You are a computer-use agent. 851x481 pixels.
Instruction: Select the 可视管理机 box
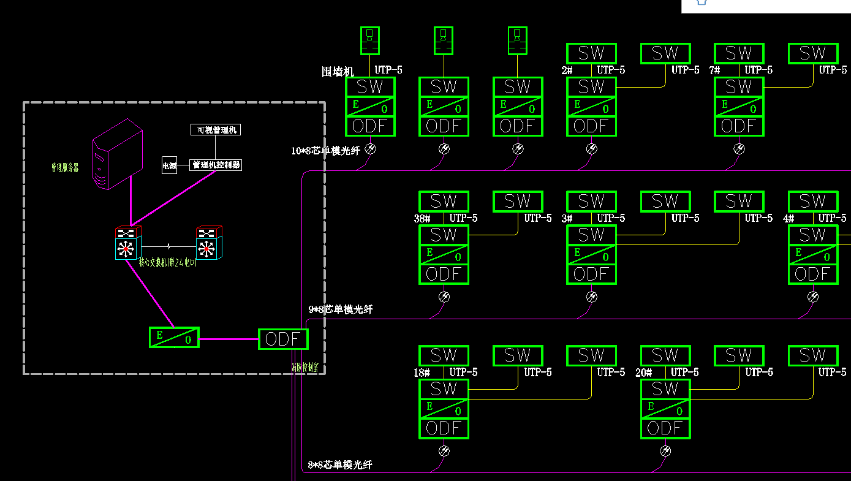[215, 130]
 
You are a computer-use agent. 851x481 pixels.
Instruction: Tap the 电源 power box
[169, 165]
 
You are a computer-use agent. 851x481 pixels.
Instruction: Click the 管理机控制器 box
[216, 165]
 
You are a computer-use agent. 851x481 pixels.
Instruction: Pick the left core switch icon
[127, 243]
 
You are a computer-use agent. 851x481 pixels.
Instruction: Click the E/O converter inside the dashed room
[174, 337]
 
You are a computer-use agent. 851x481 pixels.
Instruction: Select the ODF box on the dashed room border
[283, 339]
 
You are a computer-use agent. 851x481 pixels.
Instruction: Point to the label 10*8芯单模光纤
[325, 151]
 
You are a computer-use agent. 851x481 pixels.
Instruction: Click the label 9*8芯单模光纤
[340, 309]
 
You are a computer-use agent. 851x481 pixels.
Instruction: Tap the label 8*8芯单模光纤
[340, 465]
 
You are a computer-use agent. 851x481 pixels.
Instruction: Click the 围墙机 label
[338, 72]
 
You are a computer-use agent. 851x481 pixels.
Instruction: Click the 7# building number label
[714, 70]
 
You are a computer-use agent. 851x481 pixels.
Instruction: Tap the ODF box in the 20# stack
[665, 428]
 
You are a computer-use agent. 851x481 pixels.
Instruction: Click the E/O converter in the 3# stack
[591, 254]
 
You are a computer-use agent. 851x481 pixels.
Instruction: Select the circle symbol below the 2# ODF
[592, 148]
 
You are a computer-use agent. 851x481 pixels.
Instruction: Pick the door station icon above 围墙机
[369, 40]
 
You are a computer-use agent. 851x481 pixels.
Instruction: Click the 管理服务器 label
[65, 167]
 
